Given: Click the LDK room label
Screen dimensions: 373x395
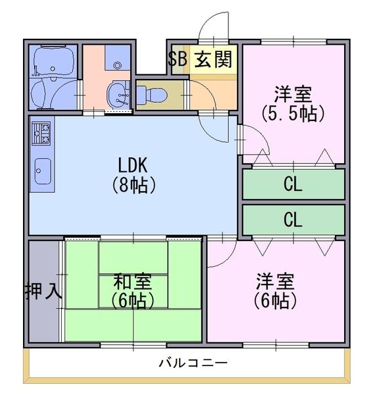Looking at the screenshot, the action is click(132, 165).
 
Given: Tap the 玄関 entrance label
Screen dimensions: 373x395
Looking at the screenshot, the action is click(213, 59).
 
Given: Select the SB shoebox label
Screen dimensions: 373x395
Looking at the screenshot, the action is click(178, 59).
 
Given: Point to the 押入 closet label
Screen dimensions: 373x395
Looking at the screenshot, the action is click(43, 291).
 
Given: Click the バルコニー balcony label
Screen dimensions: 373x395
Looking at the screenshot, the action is click(193, 363).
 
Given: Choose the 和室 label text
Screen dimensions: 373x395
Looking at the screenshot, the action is click(133, 281).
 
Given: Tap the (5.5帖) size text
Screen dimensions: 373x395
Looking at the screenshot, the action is click(293, 113).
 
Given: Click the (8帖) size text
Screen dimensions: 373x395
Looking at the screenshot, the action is click(133, 185).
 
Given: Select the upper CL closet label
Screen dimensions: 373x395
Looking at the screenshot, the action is click(293, 184).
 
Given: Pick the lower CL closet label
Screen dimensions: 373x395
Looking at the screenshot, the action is click(293, 219).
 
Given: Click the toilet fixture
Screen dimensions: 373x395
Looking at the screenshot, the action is click(152, 94).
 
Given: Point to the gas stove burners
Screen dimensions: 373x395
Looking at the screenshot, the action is click(41, 133).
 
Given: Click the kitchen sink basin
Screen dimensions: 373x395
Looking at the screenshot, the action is click(42, 171).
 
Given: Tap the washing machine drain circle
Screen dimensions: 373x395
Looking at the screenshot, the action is click(117, 65).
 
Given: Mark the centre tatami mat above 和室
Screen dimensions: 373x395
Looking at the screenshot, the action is click(133, 257).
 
